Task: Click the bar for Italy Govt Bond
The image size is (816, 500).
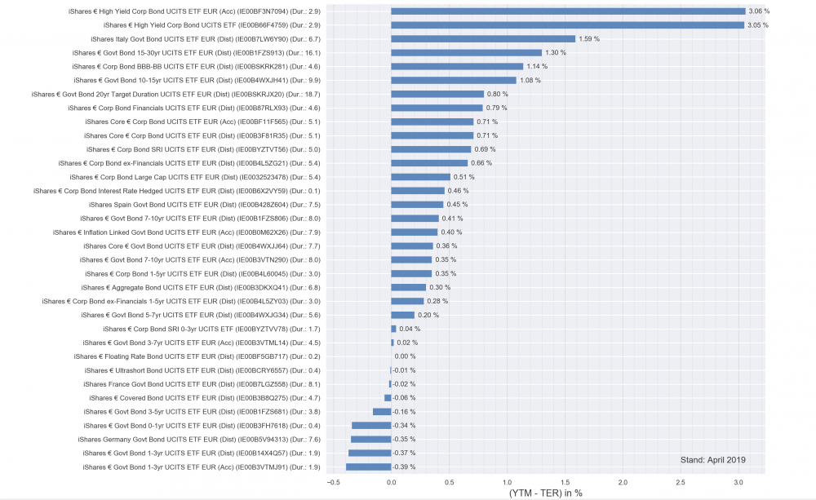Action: click(483, 38)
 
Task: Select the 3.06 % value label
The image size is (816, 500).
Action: click(759, 11)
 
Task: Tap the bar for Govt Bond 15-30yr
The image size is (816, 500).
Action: click(466, 52)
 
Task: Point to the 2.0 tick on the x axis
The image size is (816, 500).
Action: click(622, 481)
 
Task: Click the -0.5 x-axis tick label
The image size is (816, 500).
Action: click(333, 481)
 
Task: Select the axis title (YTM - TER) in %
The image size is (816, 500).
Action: click(545, 493)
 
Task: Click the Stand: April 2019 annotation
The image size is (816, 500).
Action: click(712, 460)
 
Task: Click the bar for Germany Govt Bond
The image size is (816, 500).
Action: click(370, 439)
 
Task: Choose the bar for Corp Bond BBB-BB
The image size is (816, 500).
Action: click(457, 66)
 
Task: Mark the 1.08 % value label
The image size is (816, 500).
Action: click(530, 80)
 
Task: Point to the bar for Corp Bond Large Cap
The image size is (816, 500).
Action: click(420, 177)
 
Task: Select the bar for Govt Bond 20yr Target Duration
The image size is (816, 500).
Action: click(437, 94)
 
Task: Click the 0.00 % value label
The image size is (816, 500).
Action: click(406, 356)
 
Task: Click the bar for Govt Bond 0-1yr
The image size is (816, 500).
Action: click(371, 425)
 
